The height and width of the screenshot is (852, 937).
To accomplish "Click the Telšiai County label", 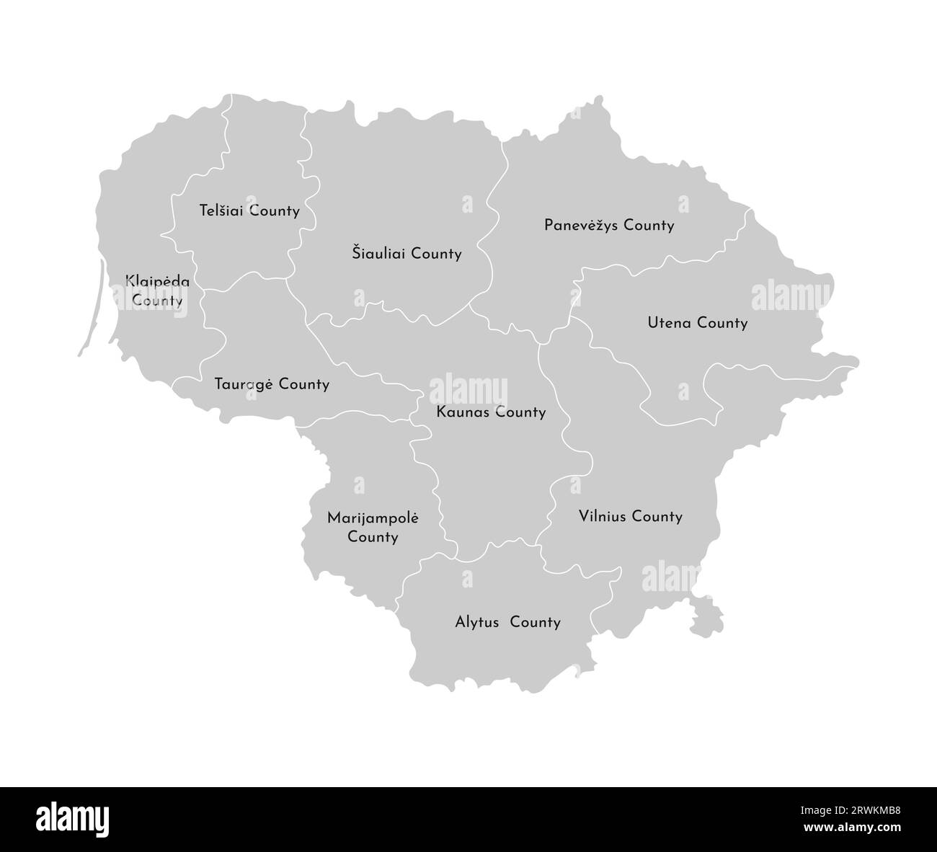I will (249, 211).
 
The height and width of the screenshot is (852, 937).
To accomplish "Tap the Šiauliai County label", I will (407, 254).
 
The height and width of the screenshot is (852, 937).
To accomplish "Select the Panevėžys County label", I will (609, 226).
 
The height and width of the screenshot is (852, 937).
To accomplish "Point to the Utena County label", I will (697, 323).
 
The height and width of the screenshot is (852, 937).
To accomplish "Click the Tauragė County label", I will (272, 384).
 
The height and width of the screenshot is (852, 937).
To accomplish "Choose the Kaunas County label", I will (491, 412).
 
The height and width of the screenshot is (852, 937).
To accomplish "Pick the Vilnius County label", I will (630, 516).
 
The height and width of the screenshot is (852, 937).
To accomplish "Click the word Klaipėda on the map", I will (157, 282).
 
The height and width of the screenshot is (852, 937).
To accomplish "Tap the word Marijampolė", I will (373, 518).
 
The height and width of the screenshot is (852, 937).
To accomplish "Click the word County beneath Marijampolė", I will (373, 537).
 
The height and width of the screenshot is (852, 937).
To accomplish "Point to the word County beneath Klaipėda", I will (157, 301).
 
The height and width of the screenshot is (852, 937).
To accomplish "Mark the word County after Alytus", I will (535, 622).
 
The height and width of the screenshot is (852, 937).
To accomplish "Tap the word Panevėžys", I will (581, 226).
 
